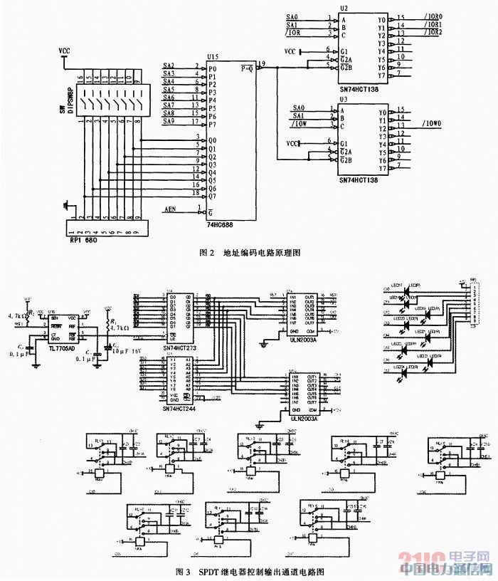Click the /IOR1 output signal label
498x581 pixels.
click(431, 25)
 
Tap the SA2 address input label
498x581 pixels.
click(169, 66)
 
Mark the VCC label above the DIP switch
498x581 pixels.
click(65, 51)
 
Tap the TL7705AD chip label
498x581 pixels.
click(64, 341)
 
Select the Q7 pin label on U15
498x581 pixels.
click(212, 196)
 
